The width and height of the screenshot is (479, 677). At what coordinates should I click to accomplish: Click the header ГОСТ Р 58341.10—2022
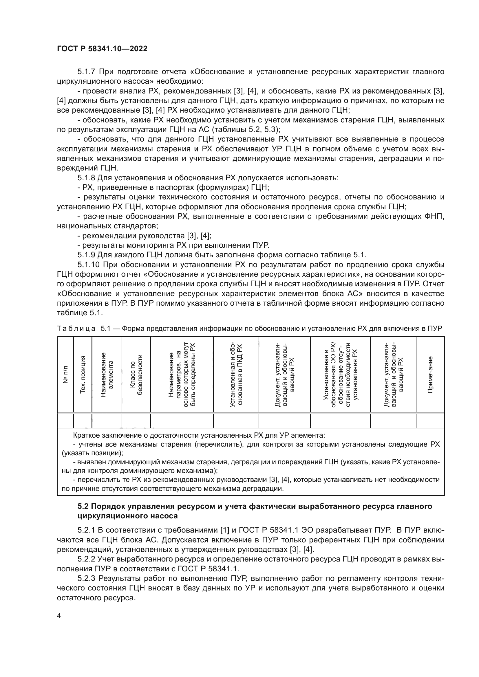click(102, 49)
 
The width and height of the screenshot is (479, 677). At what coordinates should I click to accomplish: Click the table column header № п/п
click(65, 375)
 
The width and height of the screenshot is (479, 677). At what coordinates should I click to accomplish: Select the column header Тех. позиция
click(83, 375)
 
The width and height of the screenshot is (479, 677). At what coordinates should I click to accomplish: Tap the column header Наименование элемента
click(107, 375)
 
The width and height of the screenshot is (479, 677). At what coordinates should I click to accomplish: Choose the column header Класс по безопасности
click(136, 375)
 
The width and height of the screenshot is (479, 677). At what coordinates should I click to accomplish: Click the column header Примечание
click(430, 375)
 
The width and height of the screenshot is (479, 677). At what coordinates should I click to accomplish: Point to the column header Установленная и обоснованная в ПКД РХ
click(236, 375)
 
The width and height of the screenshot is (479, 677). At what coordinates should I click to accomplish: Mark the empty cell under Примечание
click(430, 421)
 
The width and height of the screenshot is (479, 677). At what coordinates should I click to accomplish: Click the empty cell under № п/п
click(65, 421)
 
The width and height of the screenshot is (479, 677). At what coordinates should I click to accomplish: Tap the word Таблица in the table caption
click(76, 329)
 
